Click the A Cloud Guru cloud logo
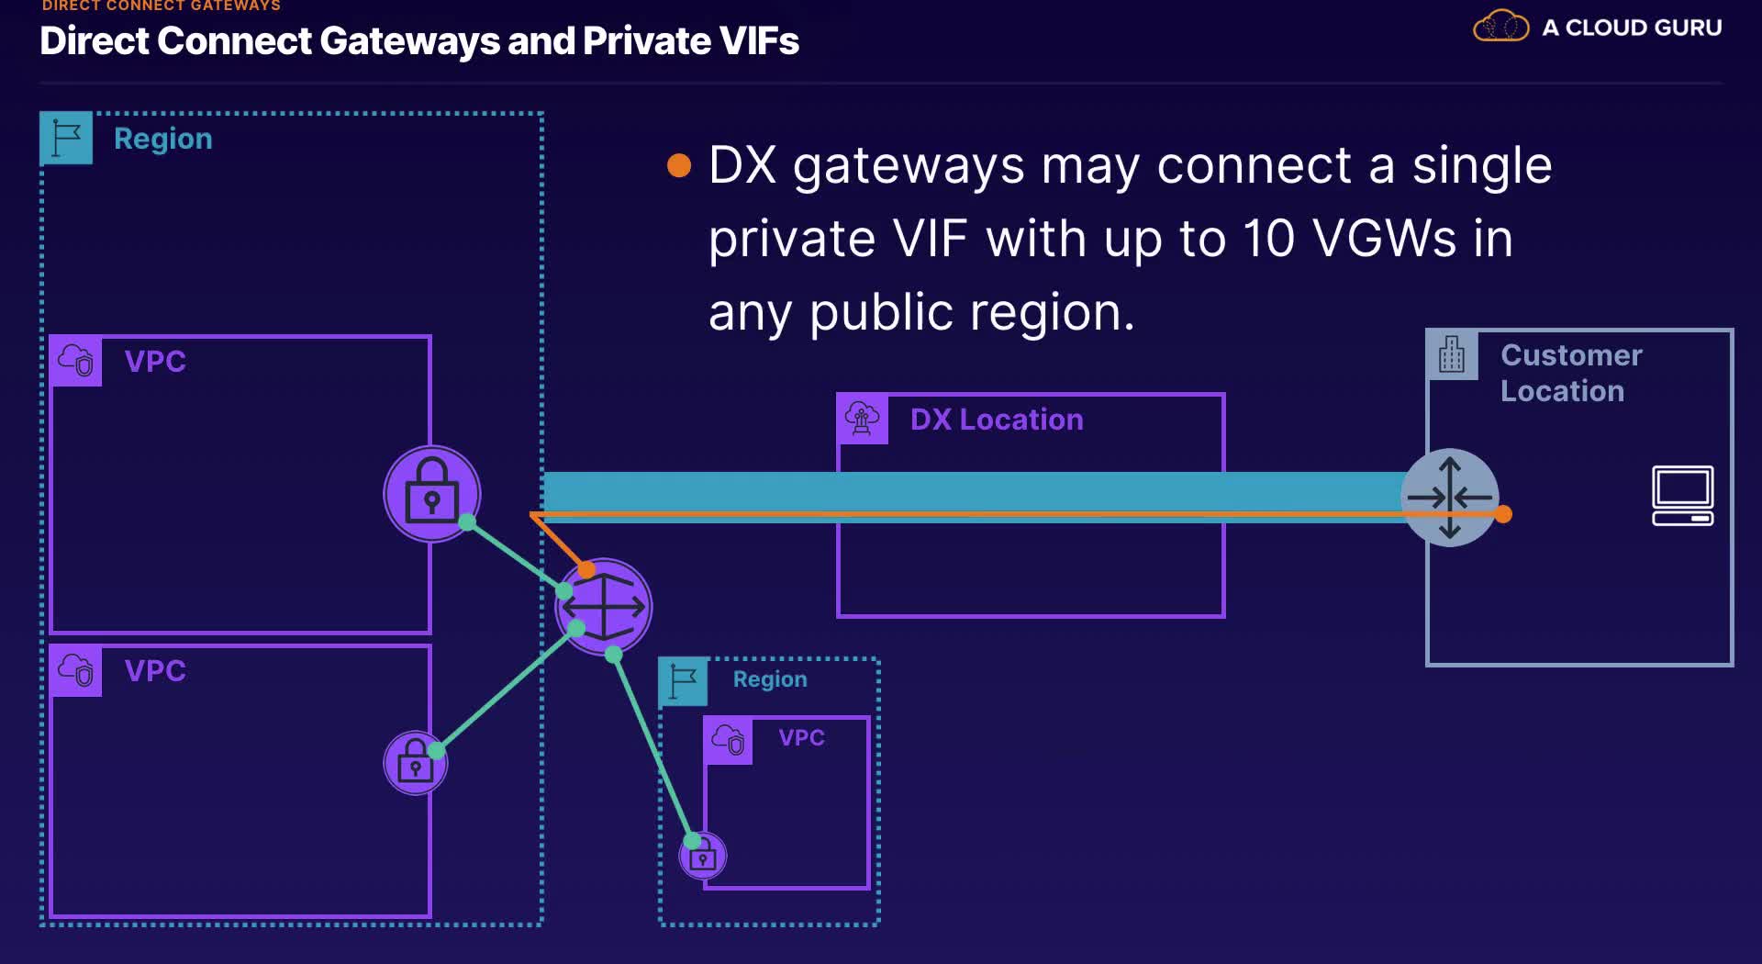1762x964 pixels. point(1500,26)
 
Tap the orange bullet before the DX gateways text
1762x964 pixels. point(679,165)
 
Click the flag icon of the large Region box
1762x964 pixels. point(66,138)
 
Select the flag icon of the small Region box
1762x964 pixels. point(683,681)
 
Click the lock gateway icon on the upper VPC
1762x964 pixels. point(431,494)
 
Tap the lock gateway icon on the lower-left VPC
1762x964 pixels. point(415,763)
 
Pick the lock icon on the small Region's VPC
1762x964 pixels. point(703,857)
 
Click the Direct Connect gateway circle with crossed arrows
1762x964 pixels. point(604,607)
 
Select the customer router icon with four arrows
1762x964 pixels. point(1450,498)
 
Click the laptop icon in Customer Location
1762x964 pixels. point(1682,496)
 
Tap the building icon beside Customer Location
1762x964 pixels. point(1452,354)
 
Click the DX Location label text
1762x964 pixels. point(997,420)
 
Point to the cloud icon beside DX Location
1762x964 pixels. point(862,419)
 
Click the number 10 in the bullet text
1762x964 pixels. point(1268,239)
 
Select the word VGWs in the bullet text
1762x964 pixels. point(1385,239)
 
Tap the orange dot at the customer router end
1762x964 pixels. point(1502,514)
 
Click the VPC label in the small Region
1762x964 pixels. point(801,737)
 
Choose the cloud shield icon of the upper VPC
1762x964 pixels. point(76,360)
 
